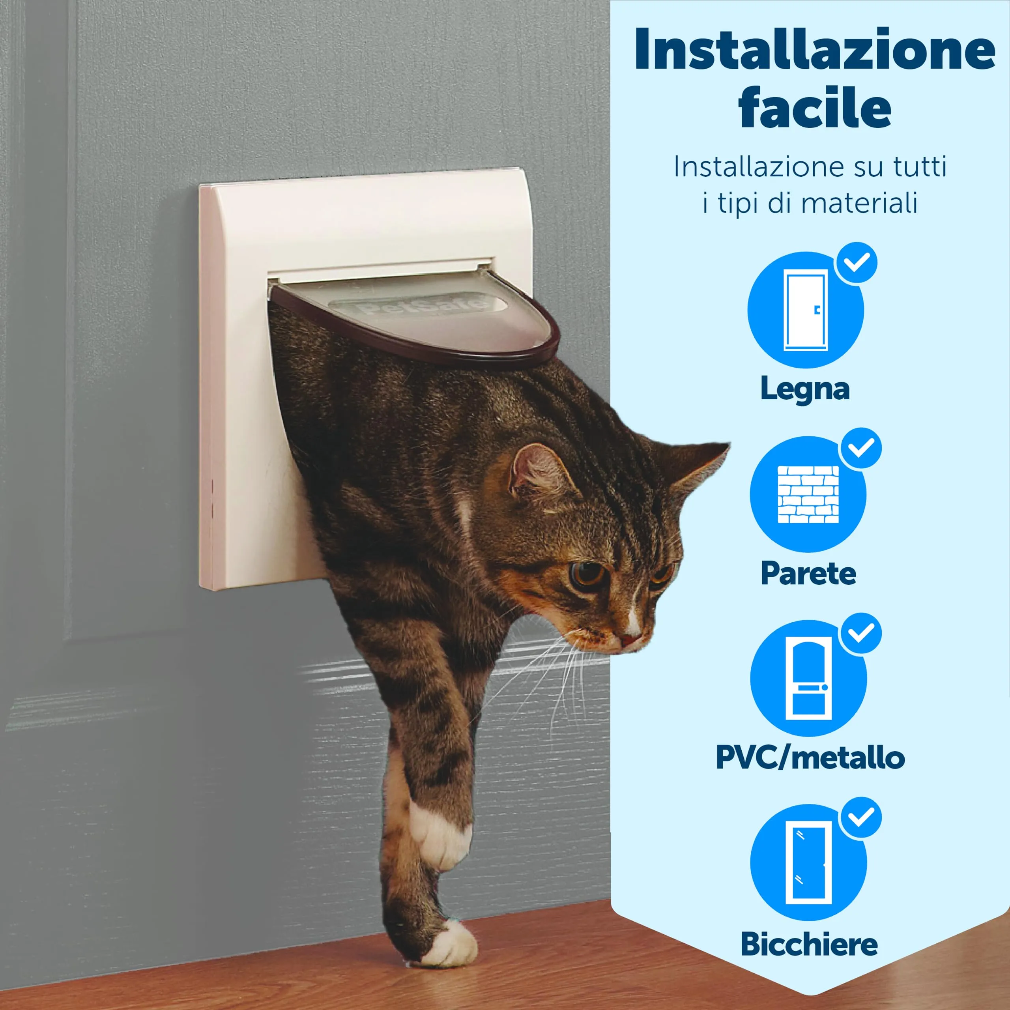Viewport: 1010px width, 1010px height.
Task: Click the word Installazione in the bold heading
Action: click(814, 49)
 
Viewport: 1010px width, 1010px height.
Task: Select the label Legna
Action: click(805, 389)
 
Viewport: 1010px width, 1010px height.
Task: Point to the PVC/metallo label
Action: click(810, 757)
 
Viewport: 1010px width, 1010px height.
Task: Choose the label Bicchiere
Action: click(809, 944)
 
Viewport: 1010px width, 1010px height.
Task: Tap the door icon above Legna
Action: click(806, 310)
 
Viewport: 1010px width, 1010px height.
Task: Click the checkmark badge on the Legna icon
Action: click(856, 263)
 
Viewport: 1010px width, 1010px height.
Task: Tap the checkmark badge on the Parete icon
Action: click(860, 448)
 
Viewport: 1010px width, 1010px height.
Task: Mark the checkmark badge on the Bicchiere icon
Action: click(860, 817)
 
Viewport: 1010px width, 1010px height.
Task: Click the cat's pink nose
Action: click(630, 640)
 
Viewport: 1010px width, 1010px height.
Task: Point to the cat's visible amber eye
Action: click(585, 574)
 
